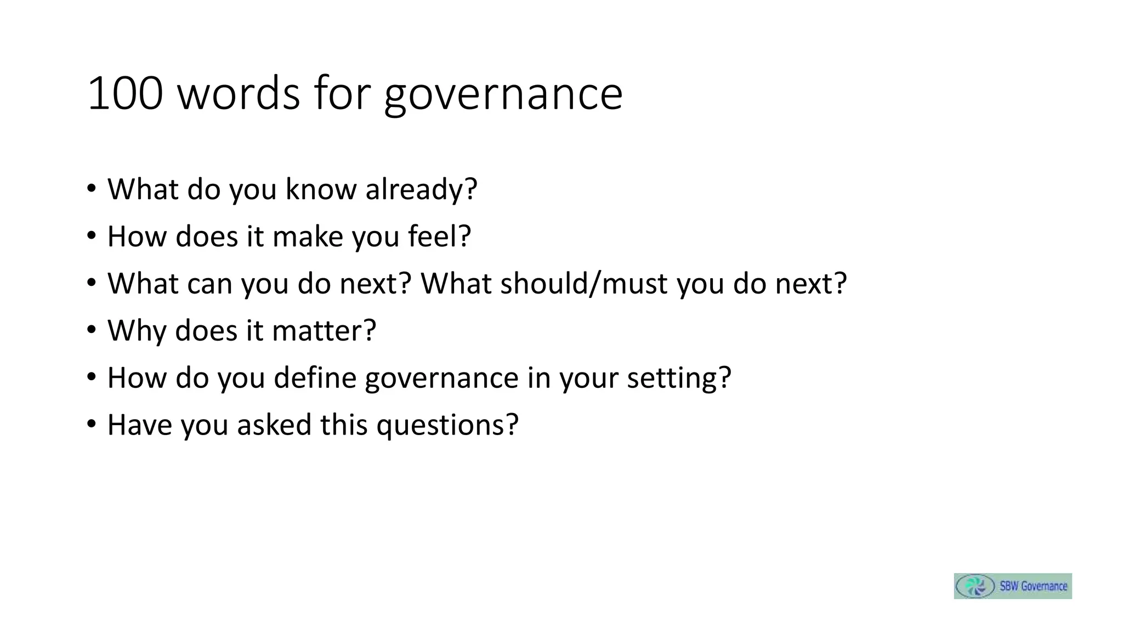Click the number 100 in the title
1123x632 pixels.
[125, 93]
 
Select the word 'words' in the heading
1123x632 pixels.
[239, 93]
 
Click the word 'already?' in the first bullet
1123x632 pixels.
[421, 189]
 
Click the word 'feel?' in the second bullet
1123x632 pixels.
[439, 236]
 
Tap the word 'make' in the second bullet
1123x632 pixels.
[307, 236]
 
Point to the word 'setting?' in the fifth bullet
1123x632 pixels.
[679, 377]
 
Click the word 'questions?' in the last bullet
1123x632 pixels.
[447, 425]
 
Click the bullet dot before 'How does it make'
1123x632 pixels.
[91, 236]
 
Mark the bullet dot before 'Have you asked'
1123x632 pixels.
[91, 425]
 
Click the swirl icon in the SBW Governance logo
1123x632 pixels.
[975, 586]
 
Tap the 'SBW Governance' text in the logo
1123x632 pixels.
[1033, 586]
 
